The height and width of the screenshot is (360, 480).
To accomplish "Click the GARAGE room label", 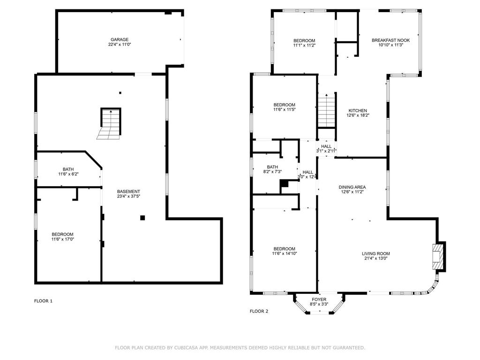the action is coord(120,39).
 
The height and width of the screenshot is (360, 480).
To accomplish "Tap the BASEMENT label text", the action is coord(128,191).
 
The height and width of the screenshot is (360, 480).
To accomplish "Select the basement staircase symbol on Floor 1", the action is coord(110,123).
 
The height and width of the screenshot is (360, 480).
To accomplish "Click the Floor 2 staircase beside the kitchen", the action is coord(327,110).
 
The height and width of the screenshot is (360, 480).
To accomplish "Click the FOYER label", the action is coord(319,300).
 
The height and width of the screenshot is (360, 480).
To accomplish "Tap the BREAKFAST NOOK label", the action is coord(390,40).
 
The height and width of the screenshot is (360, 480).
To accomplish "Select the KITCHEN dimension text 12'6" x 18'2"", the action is coord(358,115).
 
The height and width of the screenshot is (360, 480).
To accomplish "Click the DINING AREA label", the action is coord(352,187).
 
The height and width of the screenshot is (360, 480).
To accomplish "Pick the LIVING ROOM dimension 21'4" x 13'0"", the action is coord(376,258).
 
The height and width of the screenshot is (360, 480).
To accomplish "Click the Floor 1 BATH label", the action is coord(68,169).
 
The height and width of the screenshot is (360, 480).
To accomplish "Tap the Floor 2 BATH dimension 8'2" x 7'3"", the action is coord(272,172).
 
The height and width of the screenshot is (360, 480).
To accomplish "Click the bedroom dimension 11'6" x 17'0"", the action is coord(62,239).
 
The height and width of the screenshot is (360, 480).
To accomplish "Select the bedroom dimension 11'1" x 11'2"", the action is coord(304,45).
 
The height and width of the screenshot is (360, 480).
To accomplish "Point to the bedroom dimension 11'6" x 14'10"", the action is coord(285,254).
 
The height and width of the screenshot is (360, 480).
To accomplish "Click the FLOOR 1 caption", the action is coord(43,301).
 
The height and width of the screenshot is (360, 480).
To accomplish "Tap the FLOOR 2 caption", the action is coord(259,311).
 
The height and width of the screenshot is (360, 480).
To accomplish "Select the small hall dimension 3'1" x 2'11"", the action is coord(326,151).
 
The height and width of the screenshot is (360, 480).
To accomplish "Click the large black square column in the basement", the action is coord(142,217).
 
